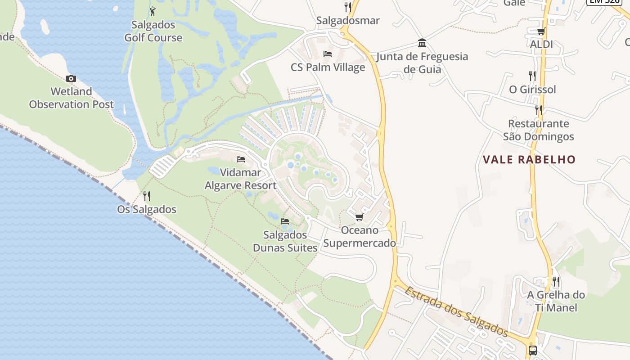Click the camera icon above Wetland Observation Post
[71, 79]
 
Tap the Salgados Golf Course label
[153, 31]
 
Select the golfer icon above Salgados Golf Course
[153, 11]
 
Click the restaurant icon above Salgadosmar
[347, 7]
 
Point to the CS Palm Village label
[328, 67]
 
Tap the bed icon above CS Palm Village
[328, 54]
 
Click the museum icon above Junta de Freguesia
[422, 43]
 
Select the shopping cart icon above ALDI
[541, 31]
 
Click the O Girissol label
[532, 90]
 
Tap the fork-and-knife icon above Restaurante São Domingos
[538, 109]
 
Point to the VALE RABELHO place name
[529, 159]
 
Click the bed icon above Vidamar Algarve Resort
[241, 159]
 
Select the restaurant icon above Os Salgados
[146, 196]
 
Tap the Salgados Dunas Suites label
[285, 241]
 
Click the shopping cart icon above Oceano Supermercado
[359, 217]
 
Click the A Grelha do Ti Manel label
[556, 301]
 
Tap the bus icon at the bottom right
[533, 350]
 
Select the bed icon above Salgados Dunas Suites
[285, 221]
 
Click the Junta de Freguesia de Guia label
[422, 63]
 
